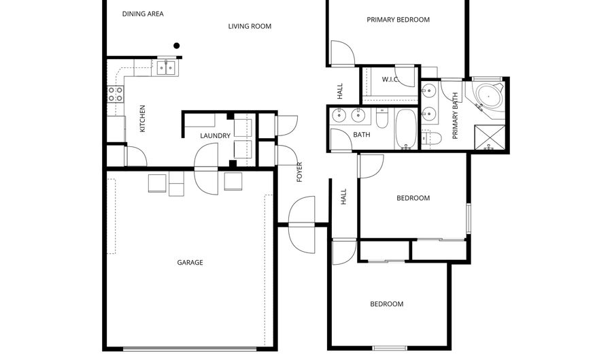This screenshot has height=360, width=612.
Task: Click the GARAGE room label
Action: (190, 263)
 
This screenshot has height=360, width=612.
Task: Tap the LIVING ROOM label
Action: (250, 27)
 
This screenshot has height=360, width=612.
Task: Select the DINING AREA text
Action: (143, 14)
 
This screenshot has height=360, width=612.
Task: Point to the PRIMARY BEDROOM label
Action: (398, 20)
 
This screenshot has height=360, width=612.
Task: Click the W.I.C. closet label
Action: (390, 80)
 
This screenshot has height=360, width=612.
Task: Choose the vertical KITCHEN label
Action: (142, 118)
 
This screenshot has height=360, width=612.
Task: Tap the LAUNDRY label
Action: (216, 136)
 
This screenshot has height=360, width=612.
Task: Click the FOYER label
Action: (299, 173)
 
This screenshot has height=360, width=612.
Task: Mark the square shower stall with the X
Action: (490, 137)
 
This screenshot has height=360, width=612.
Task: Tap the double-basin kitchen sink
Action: (166, 67)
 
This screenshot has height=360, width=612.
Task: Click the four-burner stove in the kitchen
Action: (115, 94)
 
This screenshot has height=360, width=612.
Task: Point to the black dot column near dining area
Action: (177, 46)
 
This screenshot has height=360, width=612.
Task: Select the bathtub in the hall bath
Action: (406, 129)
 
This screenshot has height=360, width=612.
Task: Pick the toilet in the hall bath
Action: (382, 120)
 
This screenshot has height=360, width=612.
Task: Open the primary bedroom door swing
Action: (341, 53)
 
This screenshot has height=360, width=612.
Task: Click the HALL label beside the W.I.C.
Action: (340, 91)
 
